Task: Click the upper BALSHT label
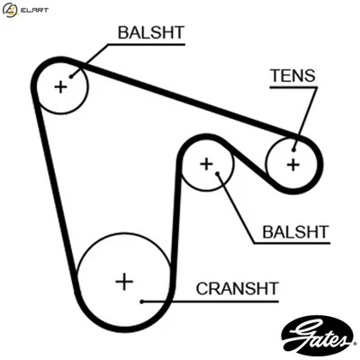150,33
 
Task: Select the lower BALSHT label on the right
295,232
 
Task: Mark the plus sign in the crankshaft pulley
123,281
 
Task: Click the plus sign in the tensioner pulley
292,164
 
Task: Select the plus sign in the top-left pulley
60,86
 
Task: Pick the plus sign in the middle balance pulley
206,164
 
